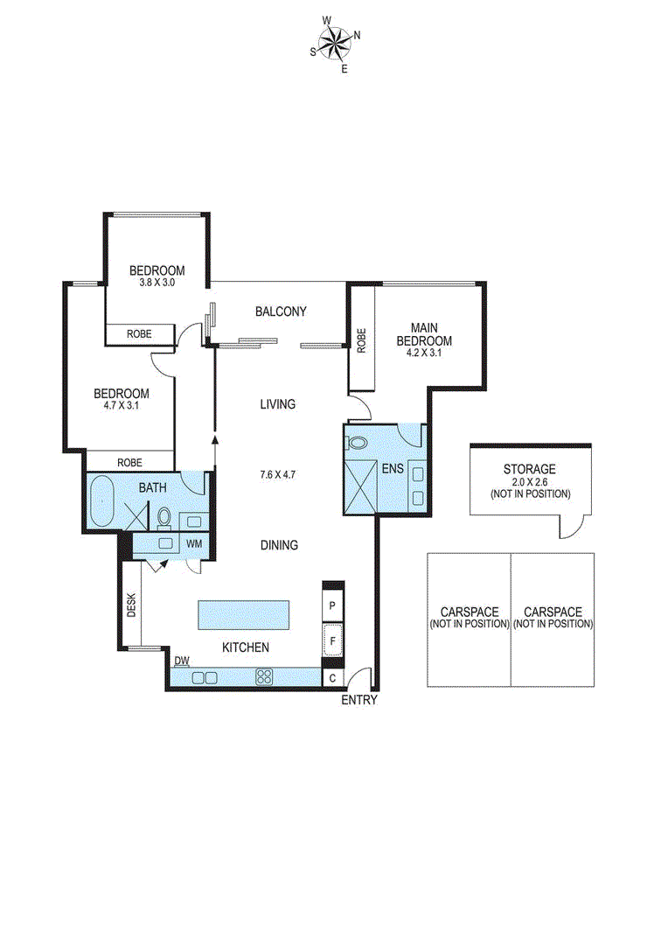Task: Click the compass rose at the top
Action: pos(335,41)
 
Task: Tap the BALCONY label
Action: pos(281,311)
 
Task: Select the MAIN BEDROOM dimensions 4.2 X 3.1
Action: pos(424,353)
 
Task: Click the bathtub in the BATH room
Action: pos(105,502)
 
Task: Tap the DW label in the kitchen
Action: pos(182,661)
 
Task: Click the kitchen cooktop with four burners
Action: pos(264,676)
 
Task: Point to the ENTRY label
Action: pos(359,700)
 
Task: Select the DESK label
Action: pos(132,605)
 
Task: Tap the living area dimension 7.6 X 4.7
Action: pos(277,475)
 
